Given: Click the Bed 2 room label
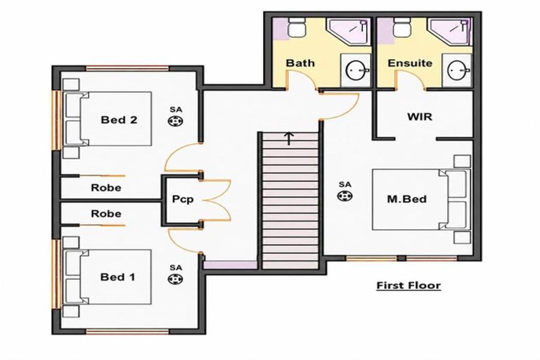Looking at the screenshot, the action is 119,120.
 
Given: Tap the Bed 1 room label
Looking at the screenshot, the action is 117,277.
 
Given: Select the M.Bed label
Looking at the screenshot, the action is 406,199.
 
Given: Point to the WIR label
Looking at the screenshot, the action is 420,117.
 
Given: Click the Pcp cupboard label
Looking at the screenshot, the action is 183,200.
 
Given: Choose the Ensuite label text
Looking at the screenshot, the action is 410,63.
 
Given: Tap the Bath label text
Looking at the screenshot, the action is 300,63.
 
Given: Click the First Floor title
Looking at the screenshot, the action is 409,285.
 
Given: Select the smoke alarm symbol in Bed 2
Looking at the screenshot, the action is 176,121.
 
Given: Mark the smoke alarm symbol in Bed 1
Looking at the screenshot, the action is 175,278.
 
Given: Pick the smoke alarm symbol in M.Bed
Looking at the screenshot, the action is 345,196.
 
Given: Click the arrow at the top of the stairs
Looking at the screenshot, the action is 288,138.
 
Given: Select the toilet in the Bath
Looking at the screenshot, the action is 296,27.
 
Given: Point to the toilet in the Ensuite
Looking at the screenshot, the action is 401,27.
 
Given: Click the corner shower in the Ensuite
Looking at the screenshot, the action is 450,32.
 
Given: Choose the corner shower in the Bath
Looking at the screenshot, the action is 349,32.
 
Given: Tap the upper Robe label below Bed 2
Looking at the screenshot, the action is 106,188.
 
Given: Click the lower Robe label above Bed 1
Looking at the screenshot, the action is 106,214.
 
